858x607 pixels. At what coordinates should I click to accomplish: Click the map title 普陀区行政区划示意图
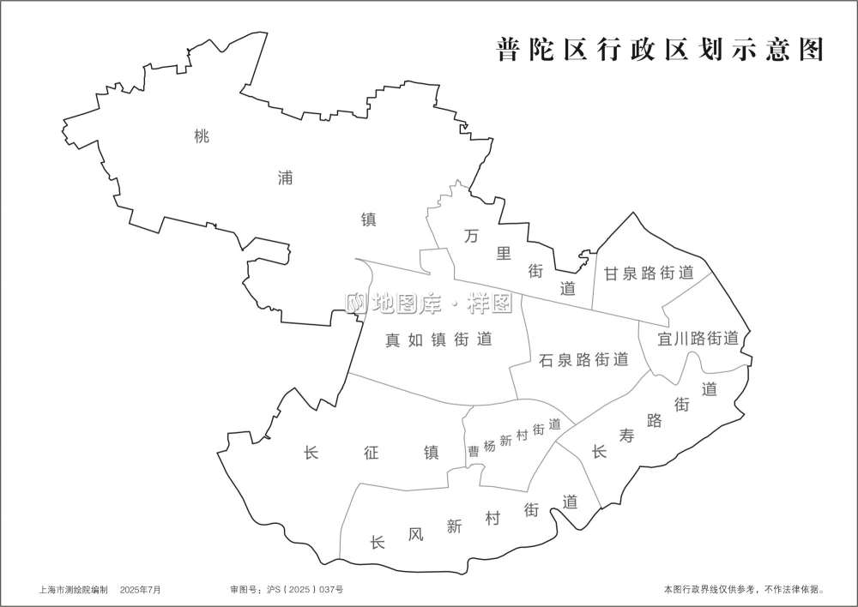[x=660, y=50]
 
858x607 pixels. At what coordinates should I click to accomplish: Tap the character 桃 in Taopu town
[x=202, y=135]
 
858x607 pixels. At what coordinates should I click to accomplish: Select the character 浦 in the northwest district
[x=285, y=177]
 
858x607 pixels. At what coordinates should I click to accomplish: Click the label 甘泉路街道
[x=649, y=273]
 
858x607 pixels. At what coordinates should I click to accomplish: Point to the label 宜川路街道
[x=698, y=338]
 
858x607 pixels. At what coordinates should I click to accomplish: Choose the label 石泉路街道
[x=583, y=359]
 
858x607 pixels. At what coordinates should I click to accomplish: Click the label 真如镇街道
[x=438, y=340]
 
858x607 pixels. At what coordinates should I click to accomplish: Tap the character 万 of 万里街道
[x=470, y=234]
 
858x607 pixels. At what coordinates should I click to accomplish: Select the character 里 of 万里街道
[x=504, y=253]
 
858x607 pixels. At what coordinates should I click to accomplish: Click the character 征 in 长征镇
[x=371, y=453]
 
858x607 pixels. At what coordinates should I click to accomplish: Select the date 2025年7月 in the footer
[x=140, y=590]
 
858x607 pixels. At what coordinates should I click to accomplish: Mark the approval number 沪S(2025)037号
[x=294, y=590]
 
